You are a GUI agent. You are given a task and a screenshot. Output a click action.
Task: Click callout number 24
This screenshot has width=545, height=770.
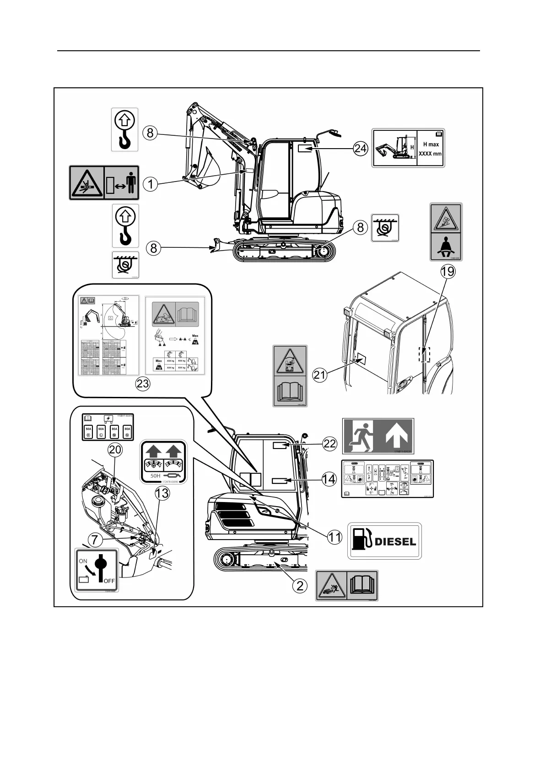click(x=360, y=148)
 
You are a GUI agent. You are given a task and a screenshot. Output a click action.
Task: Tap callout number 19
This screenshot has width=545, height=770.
click(x=448, y=272)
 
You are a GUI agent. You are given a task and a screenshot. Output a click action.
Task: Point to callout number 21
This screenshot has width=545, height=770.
click(x=320, y=375)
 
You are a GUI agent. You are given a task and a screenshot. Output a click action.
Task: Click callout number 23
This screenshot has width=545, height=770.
click(x=143, y=383)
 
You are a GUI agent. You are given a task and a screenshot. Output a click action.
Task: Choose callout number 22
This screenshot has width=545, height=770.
click(x=330, y=443)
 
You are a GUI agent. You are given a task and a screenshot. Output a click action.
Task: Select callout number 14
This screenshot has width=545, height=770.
click(x=329, y=479)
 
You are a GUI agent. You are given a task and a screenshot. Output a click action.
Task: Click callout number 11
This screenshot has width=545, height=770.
click(x=335, y=537)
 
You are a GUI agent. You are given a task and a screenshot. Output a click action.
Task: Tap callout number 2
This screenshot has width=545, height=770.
click(x=300, y=585)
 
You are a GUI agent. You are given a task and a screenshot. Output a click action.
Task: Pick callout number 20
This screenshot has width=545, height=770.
click(x=115, y=449)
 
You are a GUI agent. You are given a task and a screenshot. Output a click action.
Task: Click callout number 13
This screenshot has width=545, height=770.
click(x=162, y=493)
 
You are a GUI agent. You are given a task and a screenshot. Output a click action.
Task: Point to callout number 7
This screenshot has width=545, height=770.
click(x=95, y=540)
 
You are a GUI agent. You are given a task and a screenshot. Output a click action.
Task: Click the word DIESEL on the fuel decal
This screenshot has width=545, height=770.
click(x=395, y=542)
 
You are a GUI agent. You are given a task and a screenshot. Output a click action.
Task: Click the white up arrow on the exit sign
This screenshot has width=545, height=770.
click(x=395, y=436)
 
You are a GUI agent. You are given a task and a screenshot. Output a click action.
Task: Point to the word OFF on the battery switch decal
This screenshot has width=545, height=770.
click(x=109, y=581)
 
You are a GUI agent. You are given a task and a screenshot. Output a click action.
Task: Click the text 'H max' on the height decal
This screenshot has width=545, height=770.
click(x=431, y=144)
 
